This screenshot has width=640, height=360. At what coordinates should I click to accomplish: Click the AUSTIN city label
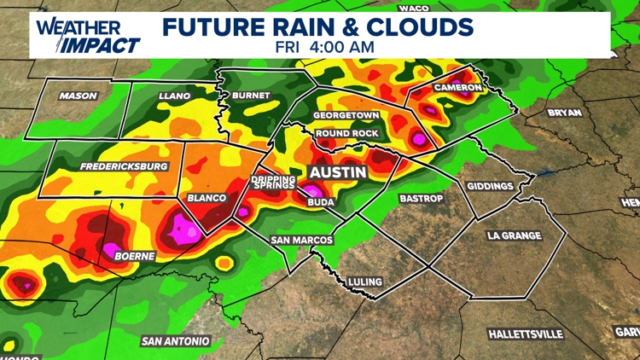click(337, 172)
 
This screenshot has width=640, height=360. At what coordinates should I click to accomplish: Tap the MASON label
click(78, 96)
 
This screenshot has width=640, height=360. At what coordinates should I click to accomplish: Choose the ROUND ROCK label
click(346, 134)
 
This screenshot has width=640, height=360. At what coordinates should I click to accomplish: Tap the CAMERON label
click(457, 88)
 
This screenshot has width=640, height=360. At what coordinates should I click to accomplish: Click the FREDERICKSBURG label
click(124, 166)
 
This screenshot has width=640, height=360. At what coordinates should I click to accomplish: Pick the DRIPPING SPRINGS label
click(273, 183)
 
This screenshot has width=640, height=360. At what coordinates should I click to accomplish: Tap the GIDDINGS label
click(490, 186)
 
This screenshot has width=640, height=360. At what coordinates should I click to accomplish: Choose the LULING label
click(365, 282)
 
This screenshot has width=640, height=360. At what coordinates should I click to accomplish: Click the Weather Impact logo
click(88, 35)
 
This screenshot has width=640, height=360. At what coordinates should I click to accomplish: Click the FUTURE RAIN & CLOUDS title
click(318, 26)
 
